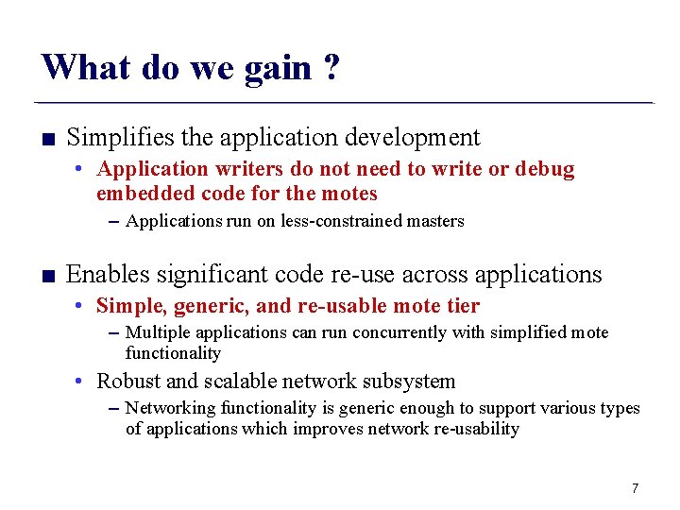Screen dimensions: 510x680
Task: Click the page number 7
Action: (635, 488)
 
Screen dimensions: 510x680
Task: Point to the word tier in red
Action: (461, 306)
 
